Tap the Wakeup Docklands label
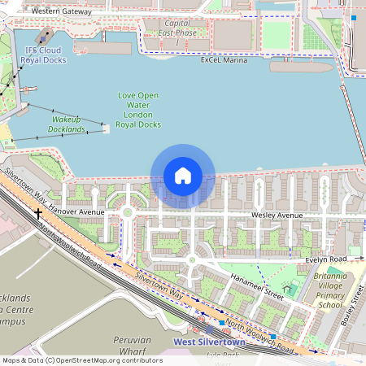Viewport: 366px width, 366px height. point(66,124)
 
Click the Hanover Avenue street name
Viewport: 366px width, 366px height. point(77,211)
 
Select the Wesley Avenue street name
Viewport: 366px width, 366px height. point(277,215)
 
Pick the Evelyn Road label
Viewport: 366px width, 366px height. point(325,259)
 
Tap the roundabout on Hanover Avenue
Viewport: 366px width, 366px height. point(127,213)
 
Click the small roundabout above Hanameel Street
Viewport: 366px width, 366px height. point(191,259)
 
